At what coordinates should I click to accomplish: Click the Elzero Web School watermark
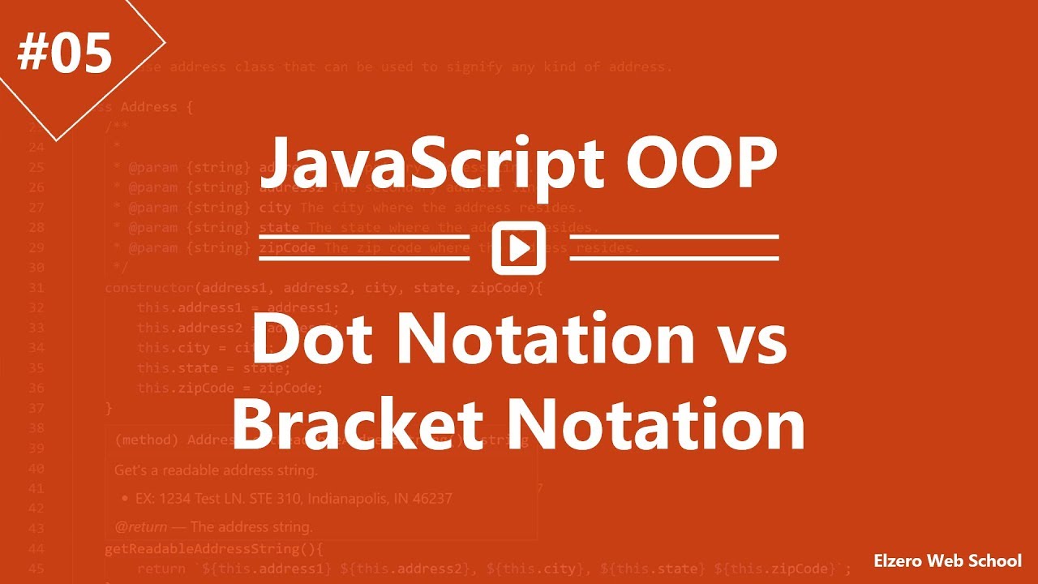click(947, 560)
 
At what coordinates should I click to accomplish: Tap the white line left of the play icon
click(364, 248)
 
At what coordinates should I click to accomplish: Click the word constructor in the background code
click(149, 288)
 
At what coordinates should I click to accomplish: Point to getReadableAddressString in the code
click(210, 549)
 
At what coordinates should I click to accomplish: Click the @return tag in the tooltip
click(140, 526)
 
